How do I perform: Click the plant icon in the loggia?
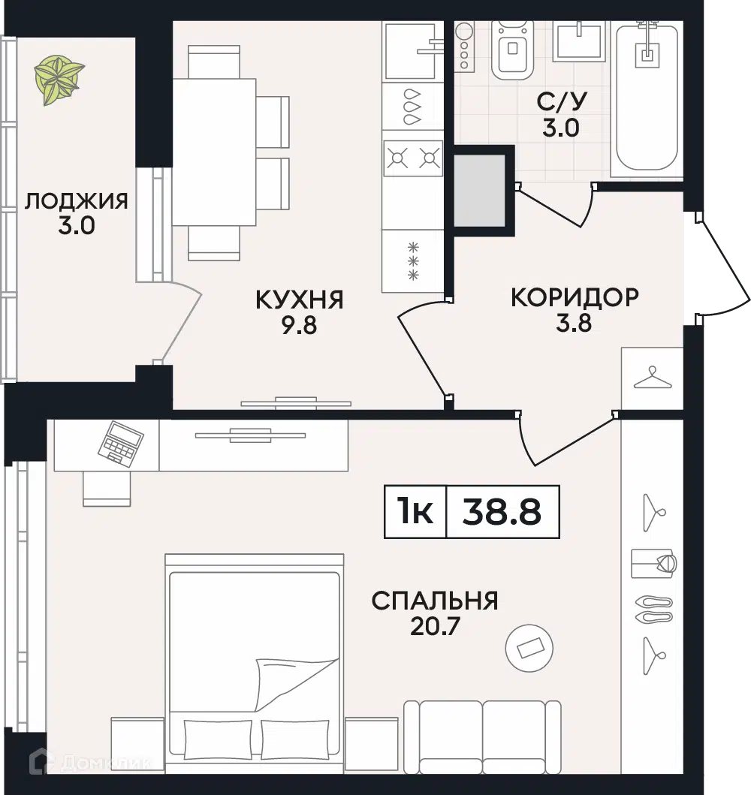[59, 80]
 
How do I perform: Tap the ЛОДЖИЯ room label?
[76, 201]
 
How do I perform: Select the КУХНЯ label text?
[299, 300]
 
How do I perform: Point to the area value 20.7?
[435, 625]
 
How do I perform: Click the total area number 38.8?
[502, 512]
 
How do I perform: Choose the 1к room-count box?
[415, 512]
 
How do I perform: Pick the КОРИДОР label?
[575, 297]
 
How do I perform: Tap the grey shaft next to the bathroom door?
[480, 191]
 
